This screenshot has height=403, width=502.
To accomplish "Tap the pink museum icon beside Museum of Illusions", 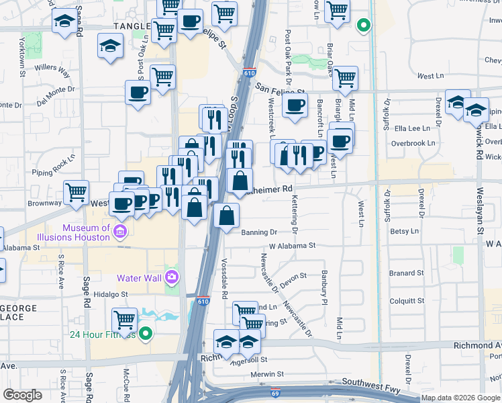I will click(120, 233).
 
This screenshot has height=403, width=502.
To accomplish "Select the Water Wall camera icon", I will click(172, 277).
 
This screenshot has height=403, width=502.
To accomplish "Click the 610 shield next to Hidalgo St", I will click(202, 303).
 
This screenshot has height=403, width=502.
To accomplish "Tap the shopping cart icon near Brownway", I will click(77, 192).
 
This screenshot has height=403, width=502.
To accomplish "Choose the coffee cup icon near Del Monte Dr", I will click(138, 93).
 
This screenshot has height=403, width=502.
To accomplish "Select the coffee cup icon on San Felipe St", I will click(295, 105).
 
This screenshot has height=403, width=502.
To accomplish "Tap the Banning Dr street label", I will click(258, 232).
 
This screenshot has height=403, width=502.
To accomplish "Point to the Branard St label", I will click(407, 273).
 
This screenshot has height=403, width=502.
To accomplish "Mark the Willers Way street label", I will click(54, 68).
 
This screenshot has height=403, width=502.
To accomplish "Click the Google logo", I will click(22, 395).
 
